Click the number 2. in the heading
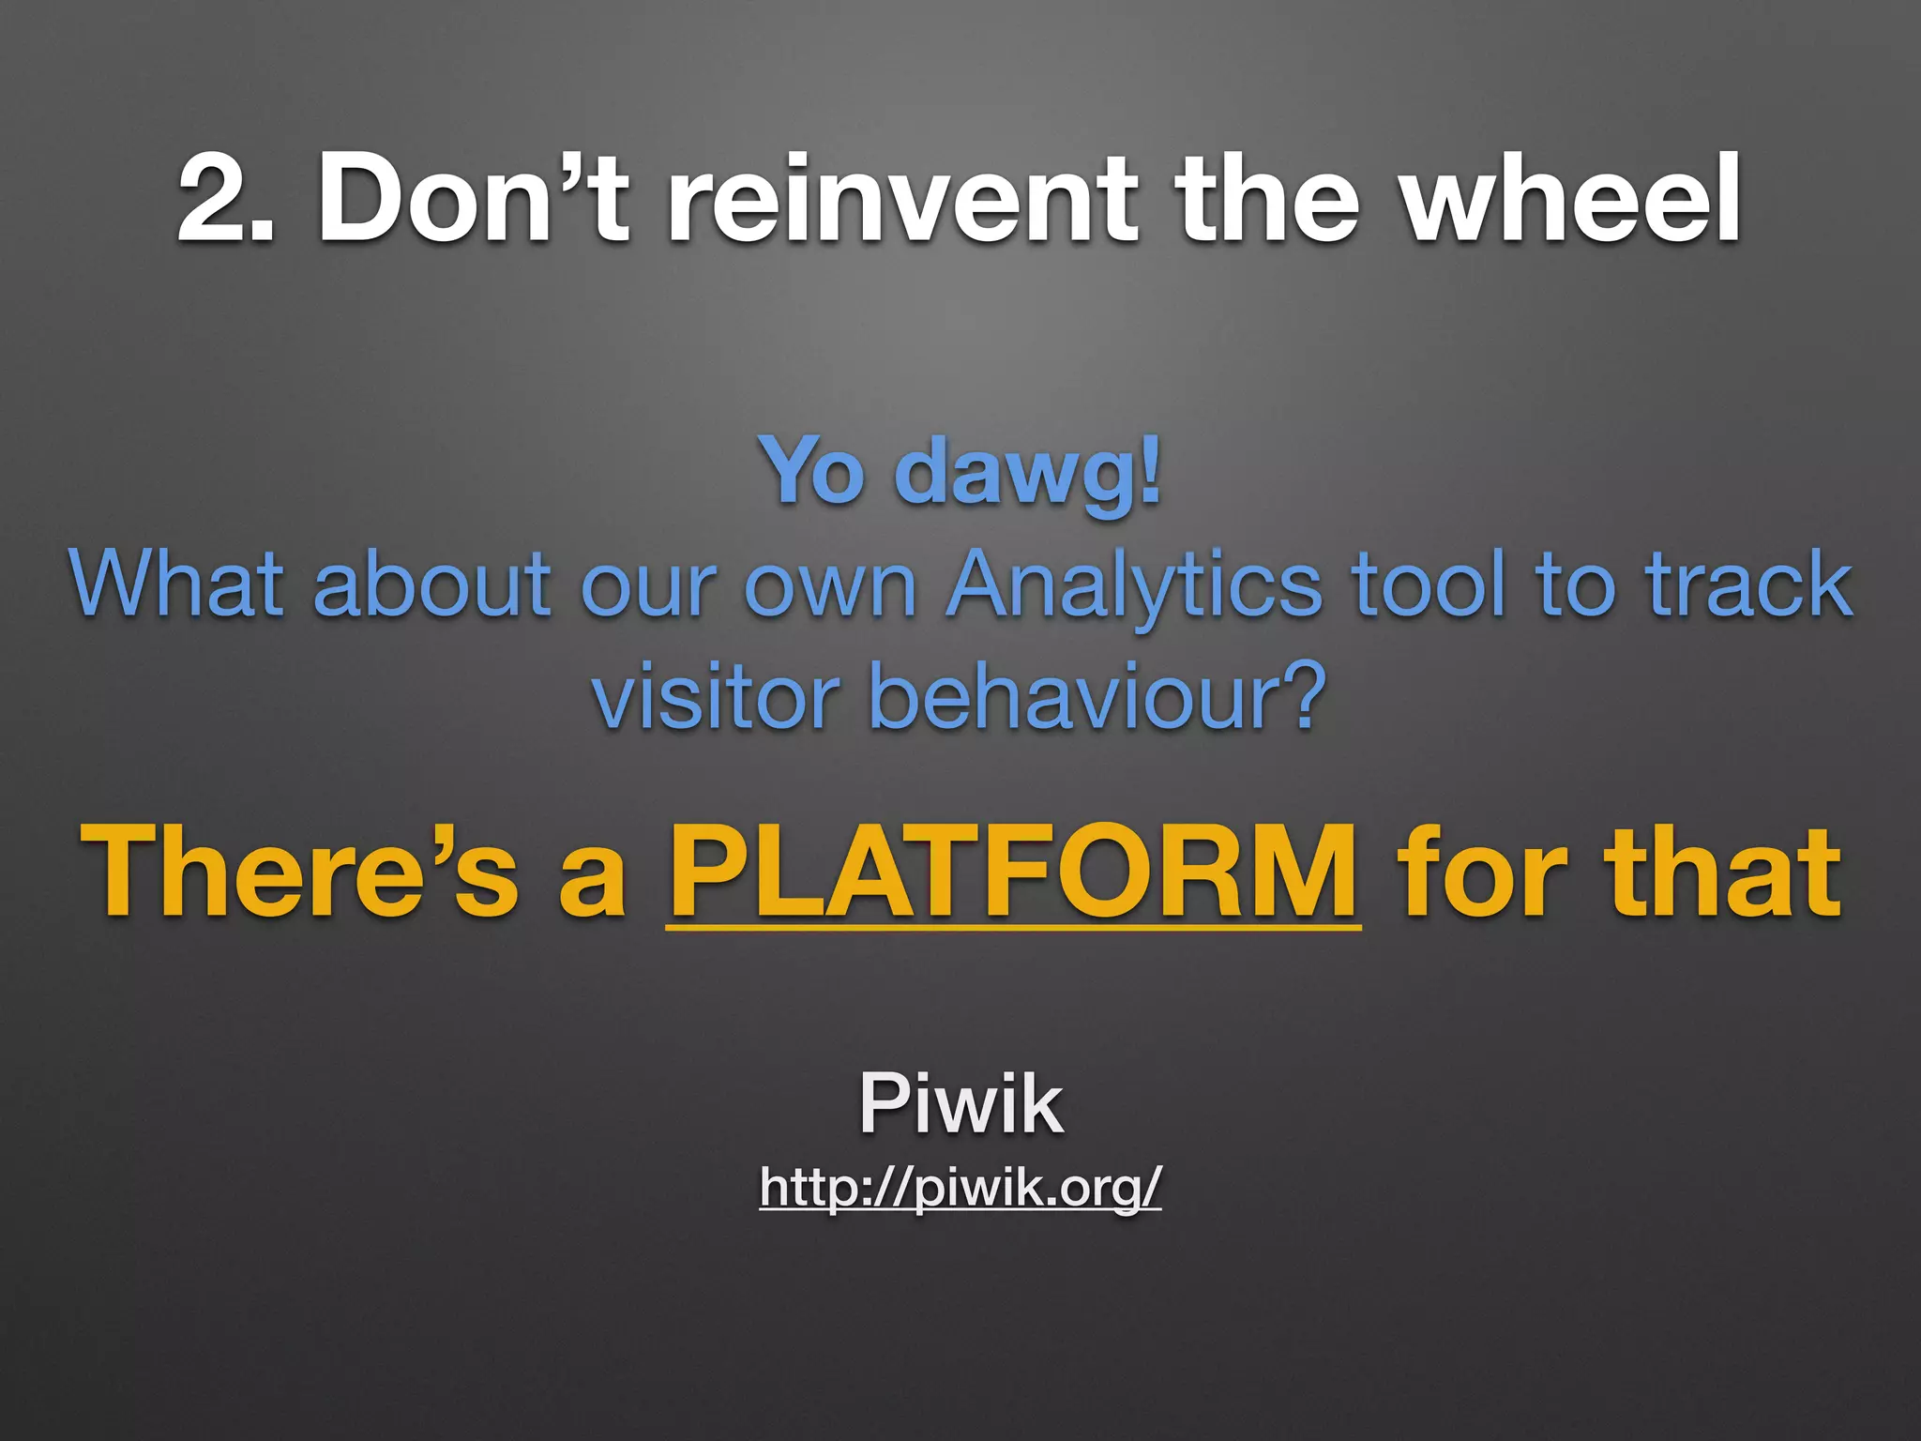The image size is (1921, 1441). pyautogui.click(x=225, y=199)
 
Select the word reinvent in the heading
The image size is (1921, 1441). pyautogui.click(x=901, y=199)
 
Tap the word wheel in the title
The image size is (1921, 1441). pyautogui.click(x=1571, y=199)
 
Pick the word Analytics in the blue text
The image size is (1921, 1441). pyautogui.click(x=1135, y=587)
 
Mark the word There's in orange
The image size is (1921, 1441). pyautogui.click(x=300, y=871)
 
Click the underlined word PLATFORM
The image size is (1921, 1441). pyautogui.click(x=1013, y=871)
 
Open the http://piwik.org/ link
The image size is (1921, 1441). pyautogui.click(x=960, y=1188)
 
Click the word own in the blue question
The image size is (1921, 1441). pyautogui.click(x=830, y=585)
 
